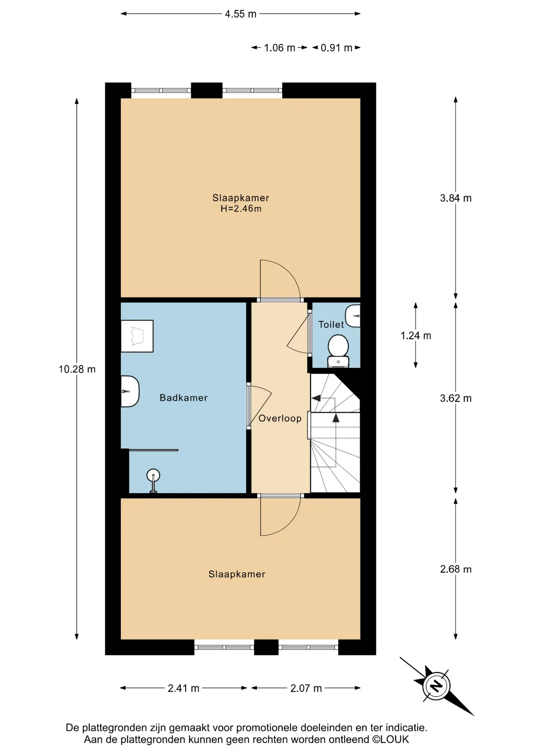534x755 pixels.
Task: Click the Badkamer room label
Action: [183, 398]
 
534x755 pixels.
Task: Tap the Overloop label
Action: [280, 418]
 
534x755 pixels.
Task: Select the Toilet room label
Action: [331, 324]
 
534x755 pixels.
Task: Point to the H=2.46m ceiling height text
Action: [241, 208]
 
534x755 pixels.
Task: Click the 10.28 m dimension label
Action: [77, 369]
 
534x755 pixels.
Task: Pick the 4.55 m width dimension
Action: [241, 14]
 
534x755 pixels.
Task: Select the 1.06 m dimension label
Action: [280, 48]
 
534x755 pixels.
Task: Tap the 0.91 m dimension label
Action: [337, 48]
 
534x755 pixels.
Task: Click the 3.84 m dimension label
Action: [456, 198]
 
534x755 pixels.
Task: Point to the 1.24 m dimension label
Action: [416, 335]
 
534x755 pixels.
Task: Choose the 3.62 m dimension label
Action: [456, 398]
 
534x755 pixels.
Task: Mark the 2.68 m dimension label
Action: [456, 569]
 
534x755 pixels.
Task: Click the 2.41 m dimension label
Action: [184, 688]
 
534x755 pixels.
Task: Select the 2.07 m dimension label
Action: [306, 688]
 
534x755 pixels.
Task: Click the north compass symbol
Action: [436, 686]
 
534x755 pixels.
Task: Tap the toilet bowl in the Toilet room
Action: [338, 350]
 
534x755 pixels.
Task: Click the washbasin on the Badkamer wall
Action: [130, 391]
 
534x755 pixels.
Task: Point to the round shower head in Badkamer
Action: [153, 475]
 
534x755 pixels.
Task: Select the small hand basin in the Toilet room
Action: [353, 316]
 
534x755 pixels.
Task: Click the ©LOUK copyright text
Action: [390, 740]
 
